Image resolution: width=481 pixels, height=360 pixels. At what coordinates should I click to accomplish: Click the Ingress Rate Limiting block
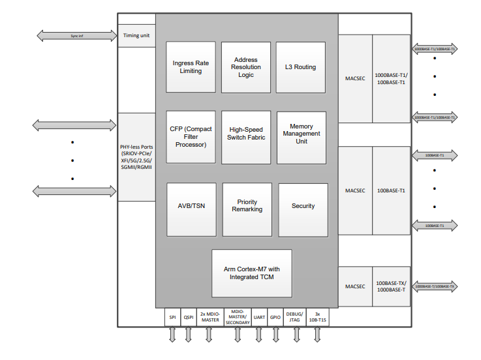pyautogui.click(x=191, y=67)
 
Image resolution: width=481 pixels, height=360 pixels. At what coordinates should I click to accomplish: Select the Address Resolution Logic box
pyautogui.click(x=245, y=67)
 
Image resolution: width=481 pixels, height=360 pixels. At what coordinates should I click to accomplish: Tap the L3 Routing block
pyautogui.click(x=300, y=67)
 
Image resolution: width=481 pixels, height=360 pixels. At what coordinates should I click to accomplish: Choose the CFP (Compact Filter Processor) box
pyautogui.click(x=191, y=136)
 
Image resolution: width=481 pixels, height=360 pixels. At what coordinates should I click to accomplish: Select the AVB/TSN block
pyautogui.click(x=191, y=206)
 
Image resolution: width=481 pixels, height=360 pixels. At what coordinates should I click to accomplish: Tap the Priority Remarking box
pyautogui.click(x=247, y=206)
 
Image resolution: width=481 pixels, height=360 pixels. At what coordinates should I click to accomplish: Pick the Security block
pyautogui.click(x=303, y=206)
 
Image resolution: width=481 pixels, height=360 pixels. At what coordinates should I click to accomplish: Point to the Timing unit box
pyautogui.click(x=136, y=35)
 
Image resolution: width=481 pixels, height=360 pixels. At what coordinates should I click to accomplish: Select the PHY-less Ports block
pyautogui.click(x=136, y=157)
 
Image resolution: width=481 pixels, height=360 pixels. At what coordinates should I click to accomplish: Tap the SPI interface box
pyautogui.click(x=172, y=317)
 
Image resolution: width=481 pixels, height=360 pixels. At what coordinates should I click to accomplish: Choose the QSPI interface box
pyautogui.click(x=188, y=317)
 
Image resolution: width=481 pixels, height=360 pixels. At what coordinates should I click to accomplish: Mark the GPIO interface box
pyautogui.click(x=275, y=317)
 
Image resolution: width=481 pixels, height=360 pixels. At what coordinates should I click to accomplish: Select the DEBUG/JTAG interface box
pyautogui.click(x=295, y=317)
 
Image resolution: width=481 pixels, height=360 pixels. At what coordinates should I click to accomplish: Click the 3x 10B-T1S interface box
pyautogui.click(x=318, y=317)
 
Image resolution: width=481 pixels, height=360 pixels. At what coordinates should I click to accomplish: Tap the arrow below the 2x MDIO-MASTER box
pyautogui.click(x=209, y=334)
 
